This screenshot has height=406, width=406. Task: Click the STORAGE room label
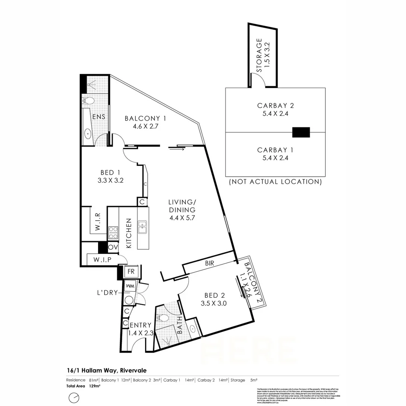[x=259, y=55]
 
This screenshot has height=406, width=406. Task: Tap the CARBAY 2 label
[x=275, y=106]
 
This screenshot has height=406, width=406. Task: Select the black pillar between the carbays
[x=301, y=132]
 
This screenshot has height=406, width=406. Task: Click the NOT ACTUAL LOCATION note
[x=275, y=182]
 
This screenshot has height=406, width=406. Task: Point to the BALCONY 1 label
[x=145, y=119]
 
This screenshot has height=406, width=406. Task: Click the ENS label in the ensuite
[x=98, y=117]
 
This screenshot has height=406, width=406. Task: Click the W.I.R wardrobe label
[x=97, y=222]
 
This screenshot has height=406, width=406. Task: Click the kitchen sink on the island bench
[x=143, y=227]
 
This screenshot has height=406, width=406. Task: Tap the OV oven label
[x=112, y=247]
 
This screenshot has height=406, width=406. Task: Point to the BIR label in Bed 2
[x=209, y=264]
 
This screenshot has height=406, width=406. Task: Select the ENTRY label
[x=141, y=325]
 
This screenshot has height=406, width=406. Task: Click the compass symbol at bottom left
[x=74, y=397]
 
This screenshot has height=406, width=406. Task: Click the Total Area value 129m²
[x=95, y=386]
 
